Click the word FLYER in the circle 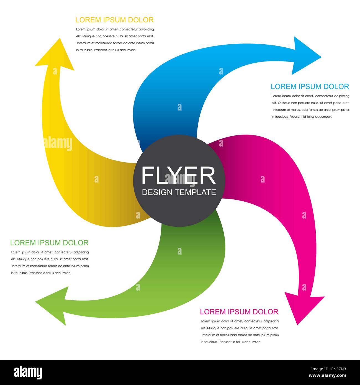(178, 175)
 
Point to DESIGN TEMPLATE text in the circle (179, 192)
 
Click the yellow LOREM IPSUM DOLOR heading (114, 20)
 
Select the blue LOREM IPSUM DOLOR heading (310, 87)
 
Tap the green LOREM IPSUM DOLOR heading (49, 243)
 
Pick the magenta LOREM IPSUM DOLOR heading (239, 312)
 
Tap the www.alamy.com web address (328, 376)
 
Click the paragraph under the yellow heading (115, 40)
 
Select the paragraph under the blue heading (310, 106)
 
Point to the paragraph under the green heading (50, 263)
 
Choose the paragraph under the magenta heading (240, 332)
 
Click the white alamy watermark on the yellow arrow (58, 143)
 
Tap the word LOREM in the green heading (23, 243)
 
